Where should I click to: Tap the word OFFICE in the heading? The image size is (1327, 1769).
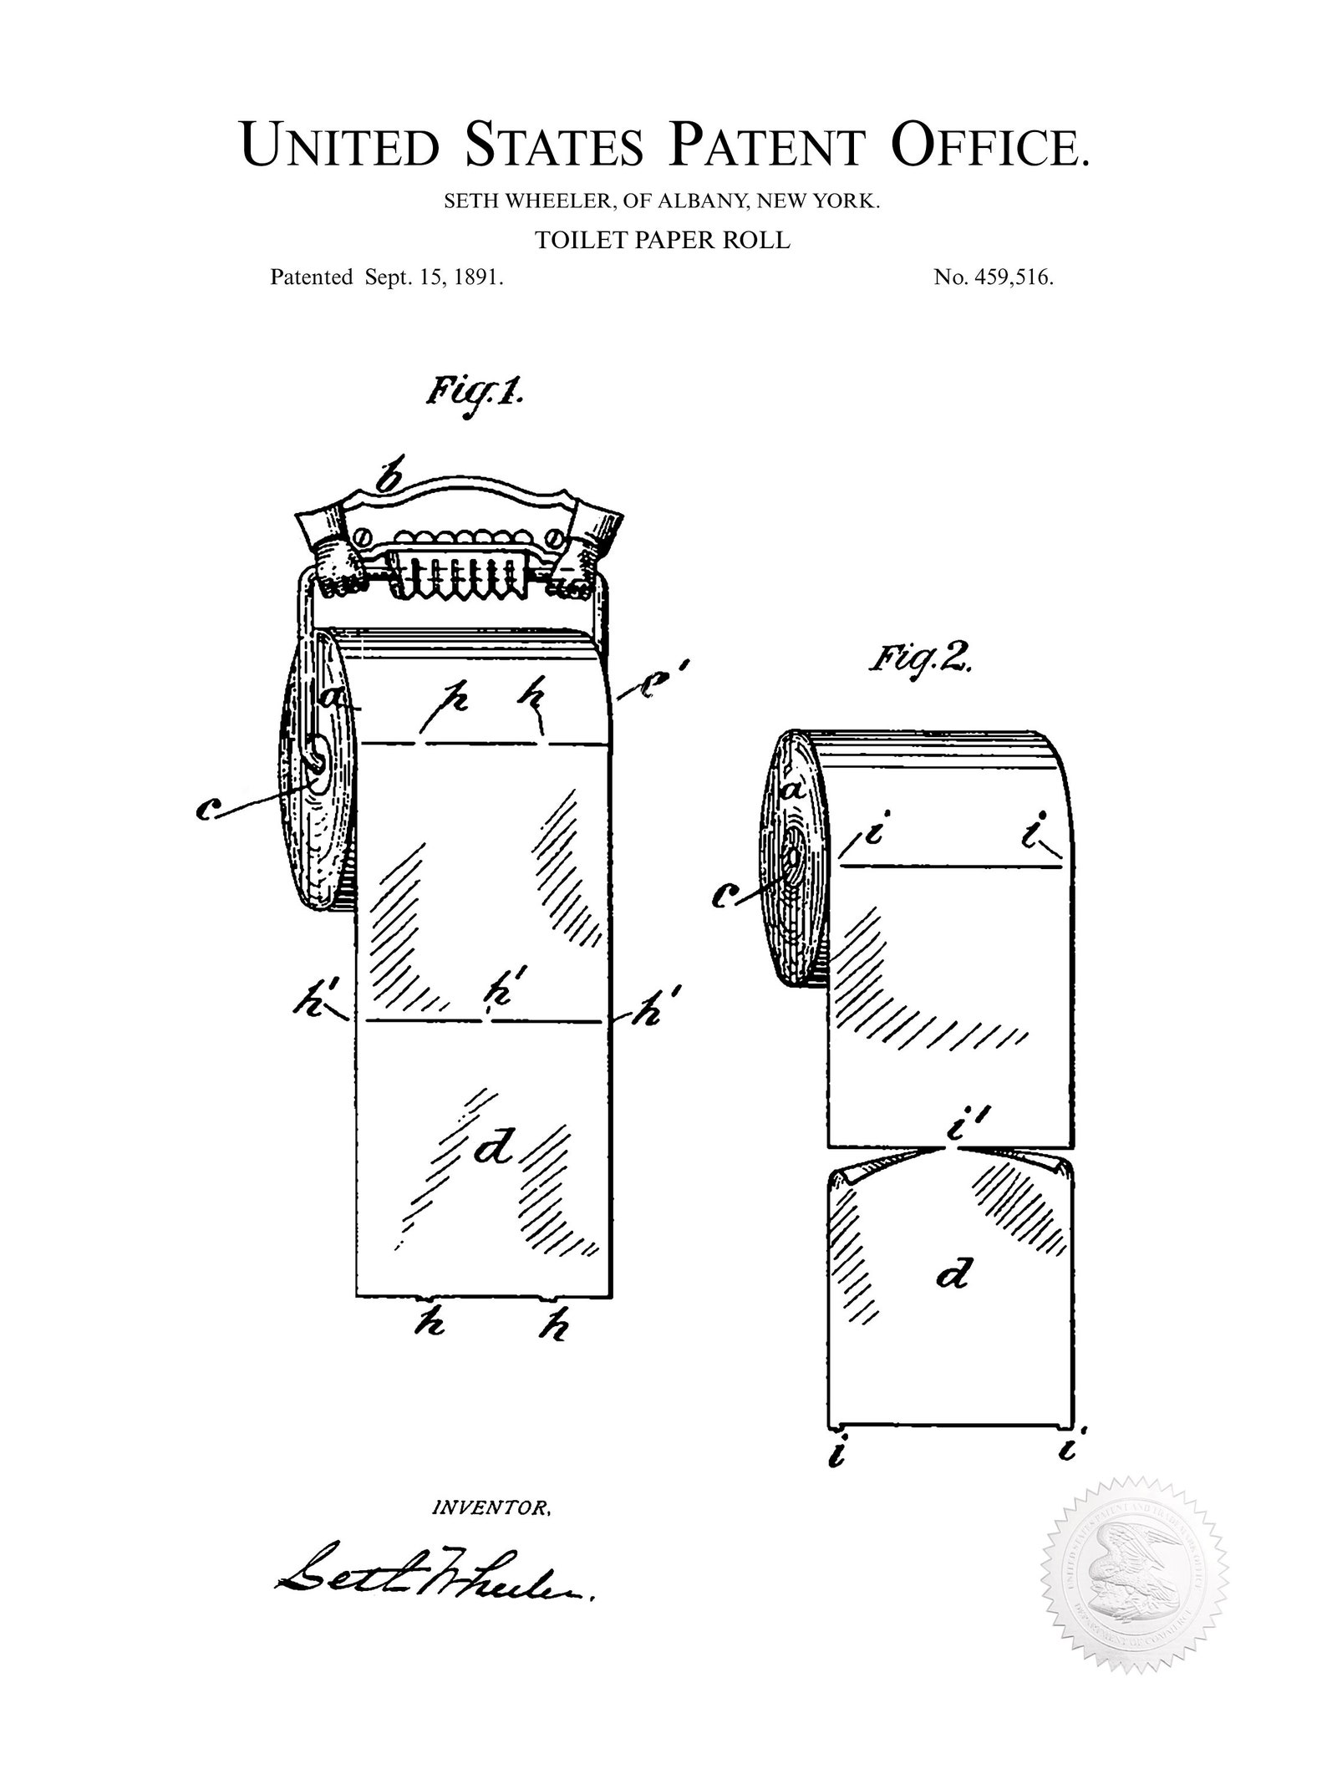point(991,144)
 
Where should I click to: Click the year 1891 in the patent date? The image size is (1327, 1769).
point(477,277)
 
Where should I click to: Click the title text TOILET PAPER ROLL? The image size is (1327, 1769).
point(663,240)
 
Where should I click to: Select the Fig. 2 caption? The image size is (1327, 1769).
point(919,660)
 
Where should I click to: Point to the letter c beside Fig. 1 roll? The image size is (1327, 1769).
point(208,808)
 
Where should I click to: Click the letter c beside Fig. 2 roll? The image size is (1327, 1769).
point(725,897)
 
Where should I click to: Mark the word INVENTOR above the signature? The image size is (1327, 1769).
point(491,1508)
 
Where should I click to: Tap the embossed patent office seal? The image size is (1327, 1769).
point(1134,1569)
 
